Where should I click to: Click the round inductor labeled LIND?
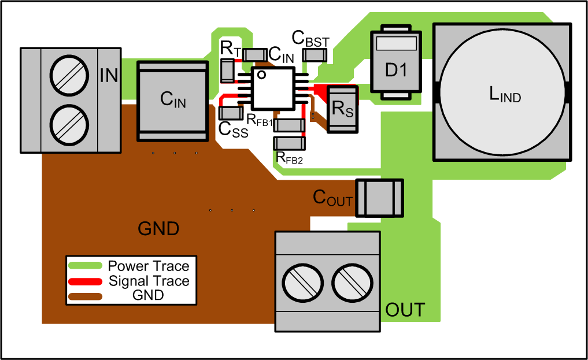click(501, 92)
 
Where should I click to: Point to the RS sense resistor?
click(342, 109)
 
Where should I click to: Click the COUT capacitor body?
click(379, 198)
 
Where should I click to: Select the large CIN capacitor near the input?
click(172, 101)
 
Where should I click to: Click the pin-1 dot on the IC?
click(261, 75)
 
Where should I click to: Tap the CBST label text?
click(310, 39)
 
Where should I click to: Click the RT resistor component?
click(227, 70)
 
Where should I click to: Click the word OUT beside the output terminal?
click(405, 310)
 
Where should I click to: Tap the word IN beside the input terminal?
click(109, 75)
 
